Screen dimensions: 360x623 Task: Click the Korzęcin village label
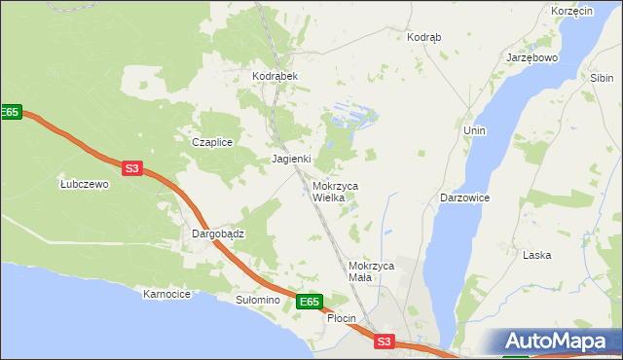tap(571, 11)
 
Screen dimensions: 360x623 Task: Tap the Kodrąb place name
tap(423, 37)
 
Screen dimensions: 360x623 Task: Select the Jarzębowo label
tap(531, 57)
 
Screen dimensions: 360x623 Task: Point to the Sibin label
tap(602, 77)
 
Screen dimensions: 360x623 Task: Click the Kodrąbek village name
tap(275, 76)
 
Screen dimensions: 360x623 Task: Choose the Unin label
tap(475, 130)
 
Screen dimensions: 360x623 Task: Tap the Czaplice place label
tap(211, 142)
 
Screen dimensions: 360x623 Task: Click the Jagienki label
tap(291, 159)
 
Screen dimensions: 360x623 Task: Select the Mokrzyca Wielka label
tap(335, 192)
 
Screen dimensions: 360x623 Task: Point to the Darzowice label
tap(464, 198)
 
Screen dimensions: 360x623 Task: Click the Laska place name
tap(537, 256)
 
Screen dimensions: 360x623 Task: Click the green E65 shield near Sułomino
tap(309, 303)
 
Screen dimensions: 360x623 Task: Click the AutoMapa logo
tap(558, 342)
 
